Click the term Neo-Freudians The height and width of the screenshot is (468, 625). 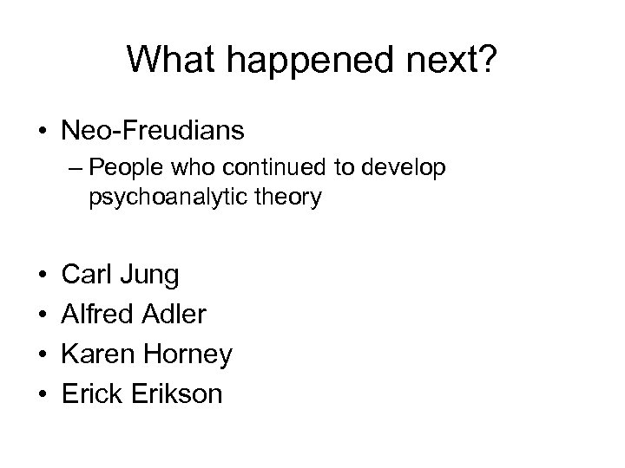coord(153,132)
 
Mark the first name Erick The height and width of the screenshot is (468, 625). coord(90,393)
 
